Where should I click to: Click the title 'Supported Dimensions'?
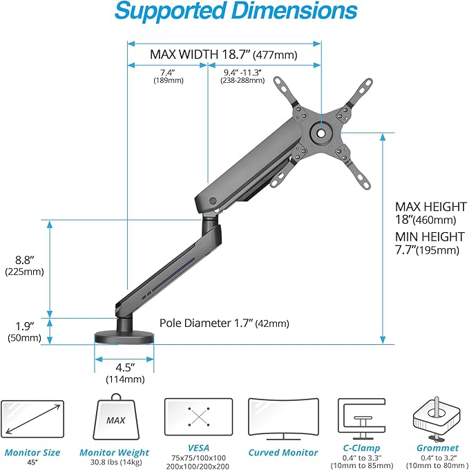click(235, 12)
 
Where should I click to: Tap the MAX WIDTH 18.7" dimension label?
click(224, 54)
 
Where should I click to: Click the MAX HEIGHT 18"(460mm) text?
click(425, 213)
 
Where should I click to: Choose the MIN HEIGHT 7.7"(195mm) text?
click(425, 243)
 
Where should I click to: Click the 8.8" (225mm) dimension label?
click(24, 265)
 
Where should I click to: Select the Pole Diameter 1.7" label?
click(224, 323)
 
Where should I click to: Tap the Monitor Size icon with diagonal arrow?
click(32, 420)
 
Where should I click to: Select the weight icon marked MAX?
click(116, 420)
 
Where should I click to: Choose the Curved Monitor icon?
click(283, 420)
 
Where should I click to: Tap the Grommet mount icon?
click(437, 418)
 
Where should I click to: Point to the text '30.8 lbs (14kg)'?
click(116, 462)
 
